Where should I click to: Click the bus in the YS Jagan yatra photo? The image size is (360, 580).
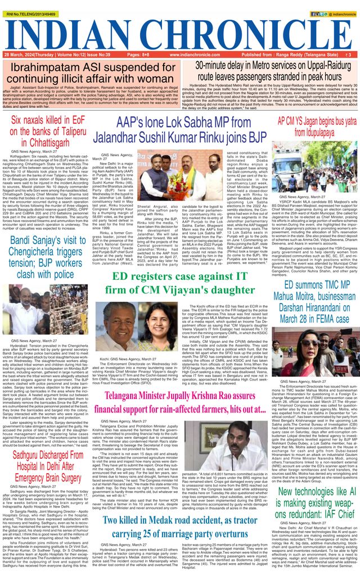[x=315, y=169]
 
